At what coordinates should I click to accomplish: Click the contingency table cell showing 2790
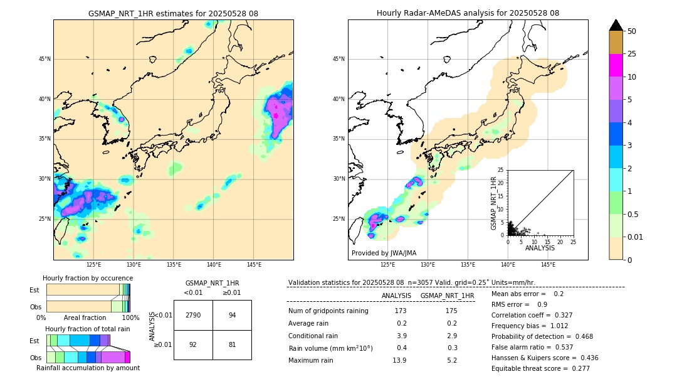tap(193, 315)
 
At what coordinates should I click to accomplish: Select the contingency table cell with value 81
tap(232, 344)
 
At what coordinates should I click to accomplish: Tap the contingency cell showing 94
tap(232, 315)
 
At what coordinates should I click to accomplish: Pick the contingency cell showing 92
tap(193, 344)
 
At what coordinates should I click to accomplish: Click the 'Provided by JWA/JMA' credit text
tap(383, 253)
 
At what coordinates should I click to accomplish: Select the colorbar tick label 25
tap(632, 54)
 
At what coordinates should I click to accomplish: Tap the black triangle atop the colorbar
tap(616, 25)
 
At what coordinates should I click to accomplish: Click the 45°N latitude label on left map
tap(45, 59)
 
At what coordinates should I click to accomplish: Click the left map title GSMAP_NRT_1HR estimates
tap(173, 13)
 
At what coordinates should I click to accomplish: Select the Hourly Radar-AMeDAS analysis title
tap(468, 13)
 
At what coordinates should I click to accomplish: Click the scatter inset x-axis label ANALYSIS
tap(540, 248)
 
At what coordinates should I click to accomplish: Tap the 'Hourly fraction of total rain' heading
tap(87, 329)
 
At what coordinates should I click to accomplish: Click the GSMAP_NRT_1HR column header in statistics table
tap(447, 296)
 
